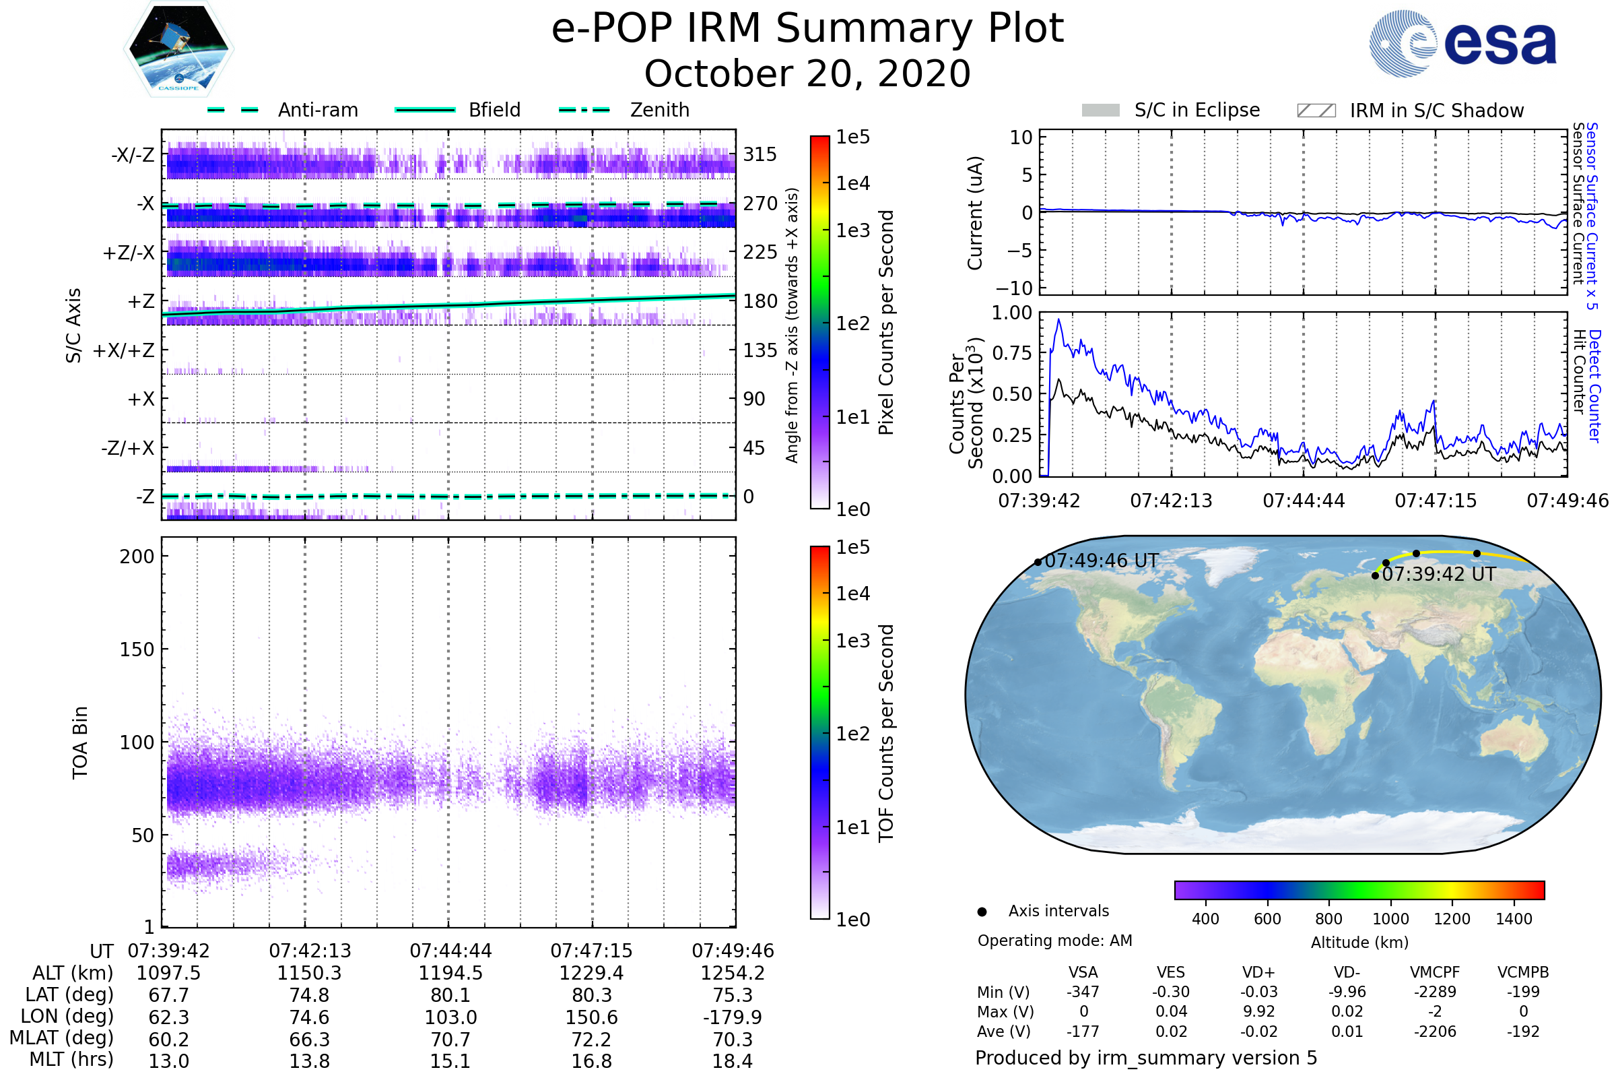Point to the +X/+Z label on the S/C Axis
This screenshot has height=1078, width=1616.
124,350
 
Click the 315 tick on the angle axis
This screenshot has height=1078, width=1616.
760,154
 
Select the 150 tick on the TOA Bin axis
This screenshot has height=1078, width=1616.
137,649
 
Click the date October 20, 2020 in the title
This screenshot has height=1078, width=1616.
807,73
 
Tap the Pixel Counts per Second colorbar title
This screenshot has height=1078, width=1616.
886,323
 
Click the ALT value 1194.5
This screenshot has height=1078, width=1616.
450,973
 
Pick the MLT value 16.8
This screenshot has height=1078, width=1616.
592,1060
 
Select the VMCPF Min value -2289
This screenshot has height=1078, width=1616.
1435,992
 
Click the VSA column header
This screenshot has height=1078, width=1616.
1083,972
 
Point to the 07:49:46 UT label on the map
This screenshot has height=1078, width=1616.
1102,561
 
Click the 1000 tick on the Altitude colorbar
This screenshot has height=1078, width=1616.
1390,919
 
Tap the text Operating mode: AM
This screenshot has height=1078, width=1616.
1054,941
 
